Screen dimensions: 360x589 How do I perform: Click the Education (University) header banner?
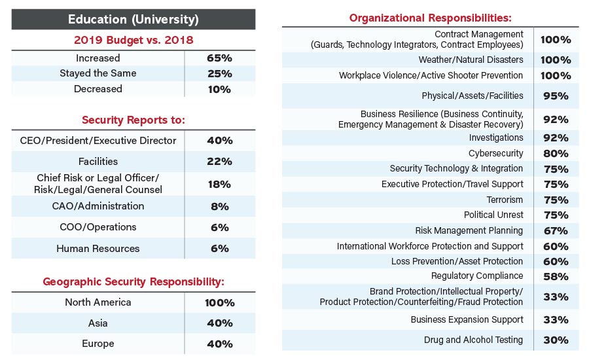click(x=134, y=19)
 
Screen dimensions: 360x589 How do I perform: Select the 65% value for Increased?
click(x=219, y=58)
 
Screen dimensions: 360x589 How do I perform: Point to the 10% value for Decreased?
click(x=219, y=89)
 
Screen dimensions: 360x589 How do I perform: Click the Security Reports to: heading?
click(x=134, y=120)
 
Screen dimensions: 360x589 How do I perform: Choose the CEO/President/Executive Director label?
click(x=98, y=140)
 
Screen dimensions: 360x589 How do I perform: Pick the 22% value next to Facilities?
click(x=219, y=161)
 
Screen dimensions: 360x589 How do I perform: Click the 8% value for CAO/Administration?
click(x=219, y=206)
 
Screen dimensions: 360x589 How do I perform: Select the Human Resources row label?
click(x=98, y=248)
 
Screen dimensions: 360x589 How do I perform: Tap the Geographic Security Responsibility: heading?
click(x=134, y=281)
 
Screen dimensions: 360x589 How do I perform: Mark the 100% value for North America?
click(x=219, y=302)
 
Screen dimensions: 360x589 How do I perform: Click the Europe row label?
click(x=98, y=344)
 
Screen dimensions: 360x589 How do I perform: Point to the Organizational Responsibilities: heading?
click(x=430, y=18)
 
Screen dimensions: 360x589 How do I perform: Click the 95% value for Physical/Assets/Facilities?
click(x=555, y=96)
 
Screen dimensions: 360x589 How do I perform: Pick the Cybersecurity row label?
click(x=495, y=153)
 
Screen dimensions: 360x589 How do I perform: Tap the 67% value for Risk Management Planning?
click(x=555, y=230)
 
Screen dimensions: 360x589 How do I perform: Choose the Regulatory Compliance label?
click(x=477, y=276)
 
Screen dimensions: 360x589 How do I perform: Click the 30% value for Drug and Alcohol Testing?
click(x=555, y=340)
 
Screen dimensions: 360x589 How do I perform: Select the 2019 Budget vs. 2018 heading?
click(x=134, y=40)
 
